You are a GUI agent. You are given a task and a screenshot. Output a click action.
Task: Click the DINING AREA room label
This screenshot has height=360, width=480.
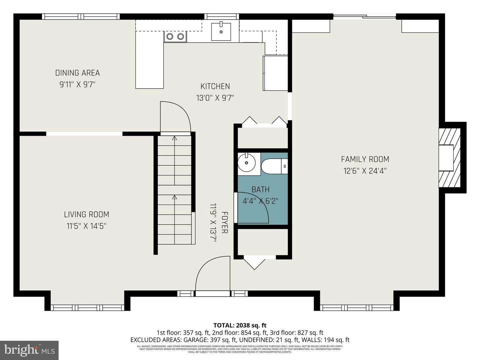click(x=77, y=73)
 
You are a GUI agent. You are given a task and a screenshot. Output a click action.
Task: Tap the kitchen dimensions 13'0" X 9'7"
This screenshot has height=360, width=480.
click(x=215, y=98)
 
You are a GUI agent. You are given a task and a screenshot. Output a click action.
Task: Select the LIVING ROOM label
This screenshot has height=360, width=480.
click(x=86, y=214)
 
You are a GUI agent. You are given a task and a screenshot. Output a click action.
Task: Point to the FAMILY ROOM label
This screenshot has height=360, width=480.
click(x=365, y=159)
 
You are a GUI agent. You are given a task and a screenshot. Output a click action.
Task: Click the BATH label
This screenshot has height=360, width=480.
click(x=260, y=190)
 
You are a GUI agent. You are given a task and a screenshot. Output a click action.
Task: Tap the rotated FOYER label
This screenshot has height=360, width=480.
click(x=225, y=222)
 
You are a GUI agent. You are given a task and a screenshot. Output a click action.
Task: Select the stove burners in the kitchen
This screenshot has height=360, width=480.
click(x=175, y=37)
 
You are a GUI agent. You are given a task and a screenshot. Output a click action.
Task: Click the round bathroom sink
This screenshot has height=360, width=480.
click(x=246, y=163)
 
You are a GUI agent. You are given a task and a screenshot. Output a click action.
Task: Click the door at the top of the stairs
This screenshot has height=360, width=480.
click(x=175, y=117)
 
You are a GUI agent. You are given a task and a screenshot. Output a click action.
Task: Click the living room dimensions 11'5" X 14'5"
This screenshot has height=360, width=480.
click(x=86, y=226)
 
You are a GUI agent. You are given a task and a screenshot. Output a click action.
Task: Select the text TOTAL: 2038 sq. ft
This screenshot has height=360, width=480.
click(x=240, y=325)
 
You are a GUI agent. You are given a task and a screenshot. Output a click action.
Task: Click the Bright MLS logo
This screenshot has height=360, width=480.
click(x=29, y=350)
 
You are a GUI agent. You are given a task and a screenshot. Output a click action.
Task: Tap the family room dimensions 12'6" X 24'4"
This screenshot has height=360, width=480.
click(x=365, y=171)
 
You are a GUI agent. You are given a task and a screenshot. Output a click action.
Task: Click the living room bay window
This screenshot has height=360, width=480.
click(x=87, y=307)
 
